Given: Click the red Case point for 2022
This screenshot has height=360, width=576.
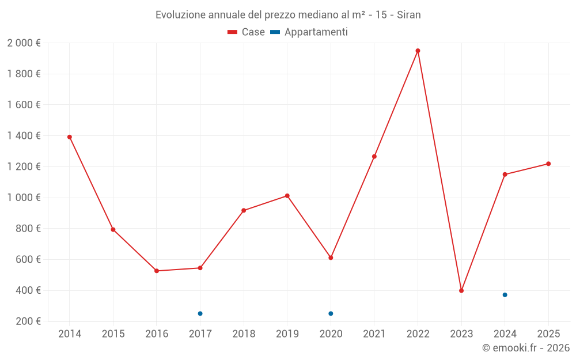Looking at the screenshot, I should [418, 51].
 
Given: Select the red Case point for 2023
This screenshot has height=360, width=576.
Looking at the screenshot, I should [461, 291].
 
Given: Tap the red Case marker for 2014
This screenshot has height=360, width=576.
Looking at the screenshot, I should [70, 137].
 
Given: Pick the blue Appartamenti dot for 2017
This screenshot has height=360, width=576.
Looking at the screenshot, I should [200, 313].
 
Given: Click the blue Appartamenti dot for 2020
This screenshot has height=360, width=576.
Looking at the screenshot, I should [331, 313].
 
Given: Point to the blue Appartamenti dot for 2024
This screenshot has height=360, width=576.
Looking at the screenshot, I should [505, 295].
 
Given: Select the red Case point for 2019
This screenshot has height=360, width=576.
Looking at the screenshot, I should [287, 196].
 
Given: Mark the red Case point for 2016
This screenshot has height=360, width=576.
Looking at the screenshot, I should [157, 271].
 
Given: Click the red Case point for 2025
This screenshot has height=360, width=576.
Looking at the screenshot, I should [548, 164].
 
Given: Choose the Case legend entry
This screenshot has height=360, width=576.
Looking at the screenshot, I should [247, 32].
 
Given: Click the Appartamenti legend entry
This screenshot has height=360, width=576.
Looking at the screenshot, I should [309, 32].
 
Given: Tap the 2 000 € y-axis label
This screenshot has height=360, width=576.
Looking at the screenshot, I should [24, 43].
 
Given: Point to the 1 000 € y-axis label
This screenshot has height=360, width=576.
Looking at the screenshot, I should [24, 198].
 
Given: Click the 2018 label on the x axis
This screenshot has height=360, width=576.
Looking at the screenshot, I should [244, 334].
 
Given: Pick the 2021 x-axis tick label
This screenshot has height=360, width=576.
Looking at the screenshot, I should [374, 334].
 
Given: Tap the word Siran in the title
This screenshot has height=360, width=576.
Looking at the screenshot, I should [409, 14].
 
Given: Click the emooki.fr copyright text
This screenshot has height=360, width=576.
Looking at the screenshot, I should [526, 348].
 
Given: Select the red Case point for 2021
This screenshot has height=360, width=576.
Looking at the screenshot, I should [374, 157].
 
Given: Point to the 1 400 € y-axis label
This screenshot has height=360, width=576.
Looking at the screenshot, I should [24, 136].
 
